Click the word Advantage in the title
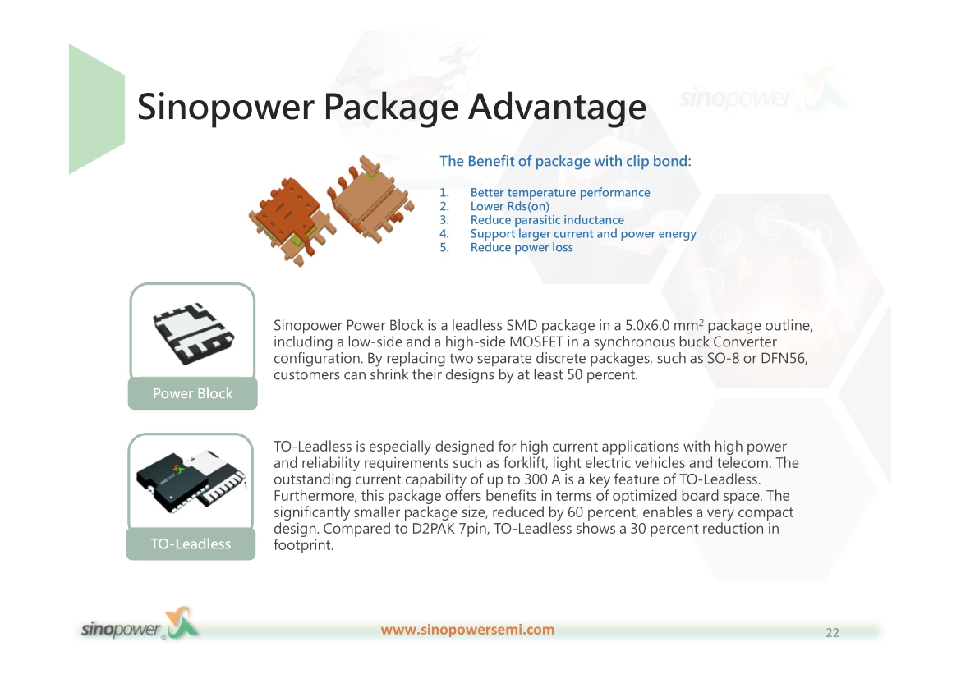click(557, 107)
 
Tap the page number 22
click(832, 633)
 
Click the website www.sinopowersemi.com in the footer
click(467, 630)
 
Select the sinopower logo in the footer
click(140, 626)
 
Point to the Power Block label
click(192, 393)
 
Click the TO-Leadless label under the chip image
click(191, 544)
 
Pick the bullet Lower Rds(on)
click(510, 207)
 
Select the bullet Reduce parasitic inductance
click(547, 220)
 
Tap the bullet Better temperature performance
click(560, 192)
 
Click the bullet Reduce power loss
click(522, 248)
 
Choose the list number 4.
click(444, 233)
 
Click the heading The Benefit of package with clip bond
click(565, 161)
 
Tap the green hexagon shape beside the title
click(97, 109)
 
